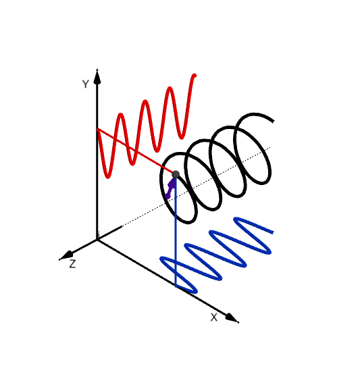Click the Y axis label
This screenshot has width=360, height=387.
coord(85,84)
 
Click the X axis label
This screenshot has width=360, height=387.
coord(213,317)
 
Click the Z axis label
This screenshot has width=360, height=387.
coord(72,264)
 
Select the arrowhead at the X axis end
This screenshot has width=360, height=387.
coord(232,318)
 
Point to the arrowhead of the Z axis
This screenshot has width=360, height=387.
coord(66,256)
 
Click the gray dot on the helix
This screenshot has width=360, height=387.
coord(176,174)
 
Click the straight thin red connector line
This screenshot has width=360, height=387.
coord(136,151)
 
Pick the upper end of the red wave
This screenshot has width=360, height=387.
coord(195,75)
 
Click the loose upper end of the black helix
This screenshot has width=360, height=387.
coord(273,121)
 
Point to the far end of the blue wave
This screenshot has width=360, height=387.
coord(272,232)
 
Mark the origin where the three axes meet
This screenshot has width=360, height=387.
coord(97,239)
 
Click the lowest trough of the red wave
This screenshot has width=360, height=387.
coord(108,177)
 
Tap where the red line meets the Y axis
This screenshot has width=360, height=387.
coord(97,128)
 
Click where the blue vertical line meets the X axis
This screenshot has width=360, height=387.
coord(176,286)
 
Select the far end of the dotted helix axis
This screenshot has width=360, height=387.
coord(270,147)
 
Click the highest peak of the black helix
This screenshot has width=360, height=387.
coord(255,114)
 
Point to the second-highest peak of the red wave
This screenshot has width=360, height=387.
coord(170,88)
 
